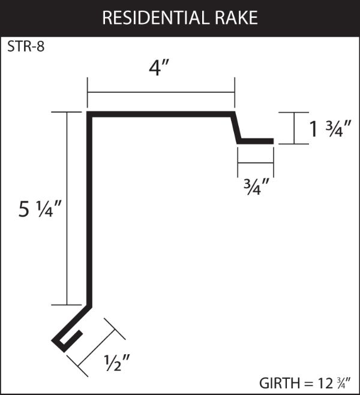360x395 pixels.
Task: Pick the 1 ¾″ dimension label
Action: tap(326, 129)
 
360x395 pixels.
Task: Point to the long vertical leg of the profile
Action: tap(91, 210)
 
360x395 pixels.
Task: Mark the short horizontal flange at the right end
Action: tap(256, 142)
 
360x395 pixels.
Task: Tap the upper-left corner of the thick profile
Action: tap(91, 114)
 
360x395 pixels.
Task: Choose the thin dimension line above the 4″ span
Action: tap(161, 92)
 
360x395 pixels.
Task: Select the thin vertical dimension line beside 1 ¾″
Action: tap(295, 128)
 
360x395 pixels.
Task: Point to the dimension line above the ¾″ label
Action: tap(256, 164)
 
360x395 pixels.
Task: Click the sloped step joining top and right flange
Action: tap(236, 128)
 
